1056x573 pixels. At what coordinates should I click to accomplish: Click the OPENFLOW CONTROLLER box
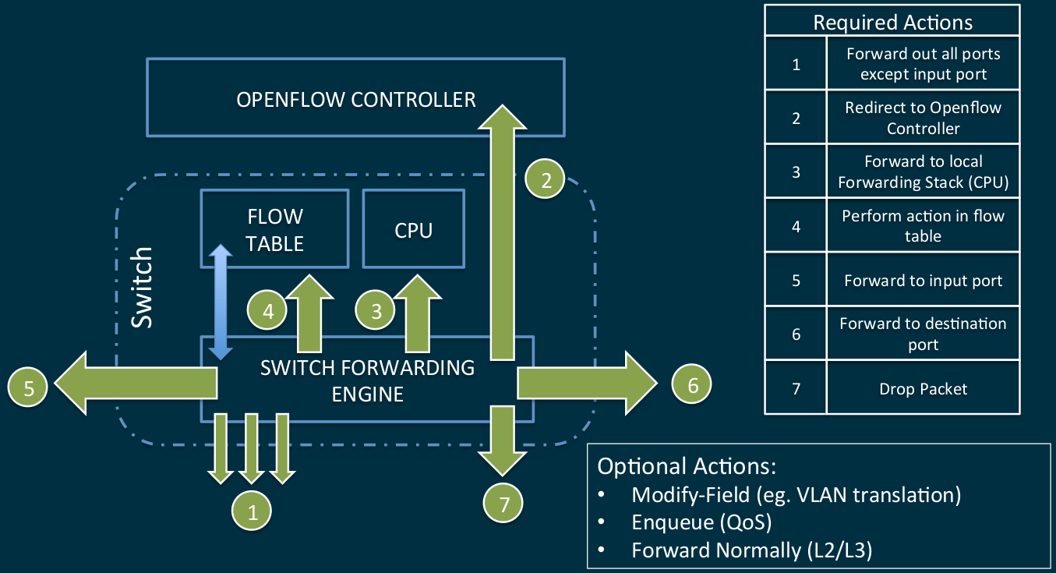(x=355, y=100)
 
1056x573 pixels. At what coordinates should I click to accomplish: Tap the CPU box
(x=413, y=230)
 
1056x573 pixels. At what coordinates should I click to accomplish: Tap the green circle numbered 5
(x=29, y=387)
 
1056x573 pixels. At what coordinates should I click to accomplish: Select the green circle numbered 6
(x=692, y=383)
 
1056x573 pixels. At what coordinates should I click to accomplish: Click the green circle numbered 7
(x=503, y=504)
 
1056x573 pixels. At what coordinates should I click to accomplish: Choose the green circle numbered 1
(x=252, y=511)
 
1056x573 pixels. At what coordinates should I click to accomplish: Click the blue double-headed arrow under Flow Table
(x=222, y=302)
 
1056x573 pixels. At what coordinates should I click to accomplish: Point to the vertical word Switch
(x=142, y=288)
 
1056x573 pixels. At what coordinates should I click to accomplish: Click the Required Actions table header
(x=892, y=22)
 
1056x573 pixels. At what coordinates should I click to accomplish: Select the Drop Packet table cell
(x=923, y=388)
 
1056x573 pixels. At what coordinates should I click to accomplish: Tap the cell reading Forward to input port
(x=923, y=280)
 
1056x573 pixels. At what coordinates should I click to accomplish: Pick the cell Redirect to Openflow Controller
(x=923, y=118)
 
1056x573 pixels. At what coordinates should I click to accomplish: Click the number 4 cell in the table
(x=796, y=226)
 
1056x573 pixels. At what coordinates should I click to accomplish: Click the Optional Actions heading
(x=686, y=466)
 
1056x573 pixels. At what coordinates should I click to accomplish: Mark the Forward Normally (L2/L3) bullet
(x=751, y=550)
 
